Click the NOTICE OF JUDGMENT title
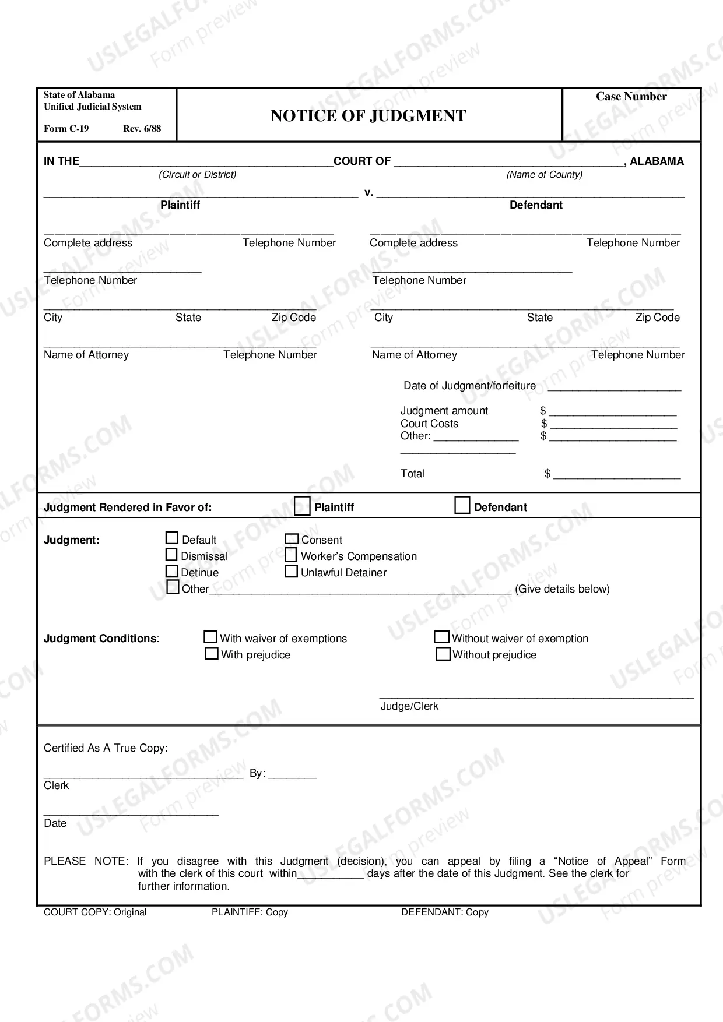pyautogui.click(x=368, y=116)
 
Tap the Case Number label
pyautogui.click(x=631, y=97)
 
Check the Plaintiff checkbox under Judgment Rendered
pyautogui.click(x=302, y=506)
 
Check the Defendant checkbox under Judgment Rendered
pyautogui.click(x=462, y=505)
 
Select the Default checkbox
pyautogui.click(x=172, y=538)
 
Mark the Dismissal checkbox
pyautogui.click(x=171, y=555)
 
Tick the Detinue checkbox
pyautogui.click(x=172, y=571)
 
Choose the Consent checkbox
pyautogui.click(x=292, y=539)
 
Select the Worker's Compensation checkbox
pyautogui.click(x=291, y=555)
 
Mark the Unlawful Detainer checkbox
pyautogui.click(x=291, y=571)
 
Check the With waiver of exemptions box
pyautogui.click(x=210, y=637)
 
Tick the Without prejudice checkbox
pyautogui.click(x=443, y=654)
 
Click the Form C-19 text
pyautogui.click(x=66, y=129)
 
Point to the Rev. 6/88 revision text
pyautogui.click(x=142, y=129)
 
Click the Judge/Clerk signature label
pyautogui.click(x=409, y=706)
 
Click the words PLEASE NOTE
pyautogui.click(x=85, y=861)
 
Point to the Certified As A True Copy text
pyautogui.click(x=106, y=748)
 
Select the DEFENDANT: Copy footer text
pyautogui.click(x=444, y=912)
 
